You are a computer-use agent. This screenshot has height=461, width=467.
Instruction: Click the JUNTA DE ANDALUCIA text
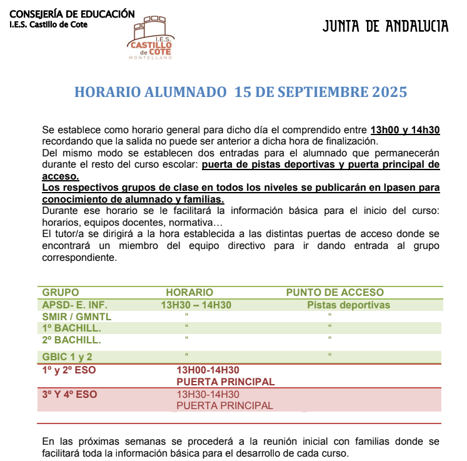tap(386, 26)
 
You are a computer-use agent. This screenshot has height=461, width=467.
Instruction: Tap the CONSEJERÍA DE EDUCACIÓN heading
tap(73, 13)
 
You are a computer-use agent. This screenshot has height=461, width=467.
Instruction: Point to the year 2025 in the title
tap(389, 92)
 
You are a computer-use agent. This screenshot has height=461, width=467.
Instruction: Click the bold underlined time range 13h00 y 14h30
tap(405, 130)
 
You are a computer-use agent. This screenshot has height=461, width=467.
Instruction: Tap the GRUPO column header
tap(61, 292)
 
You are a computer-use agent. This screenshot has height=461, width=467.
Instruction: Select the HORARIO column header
tap(189, 292)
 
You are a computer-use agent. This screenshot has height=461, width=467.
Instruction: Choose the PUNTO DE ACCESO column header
tap(335, 292)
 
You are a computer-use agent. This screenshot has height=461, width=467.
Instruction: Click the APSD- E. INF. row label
tap(75, 305)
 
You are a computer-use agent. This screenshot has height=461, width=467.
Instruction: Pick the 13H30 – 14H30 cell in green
tap(196, 305)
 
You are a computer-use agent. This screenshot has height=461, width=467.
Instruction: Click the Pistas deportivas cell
tap(348, 305)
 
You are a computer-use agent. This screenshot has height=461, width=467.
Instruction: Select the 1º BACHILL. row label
tap(71, 328)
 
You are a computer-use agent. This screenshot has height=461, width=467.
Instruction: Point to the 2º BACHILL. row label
tap(71, 341)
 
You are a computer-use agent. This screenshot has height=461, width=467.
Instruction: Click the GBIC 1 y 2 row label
tap(68, 357)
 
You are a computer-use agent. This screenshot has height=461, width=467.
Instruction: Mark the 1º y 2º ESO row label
tap(69, 370)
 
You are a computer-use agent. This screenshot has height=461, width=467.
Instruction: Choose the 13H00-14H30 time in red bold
tap(208, 370)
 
